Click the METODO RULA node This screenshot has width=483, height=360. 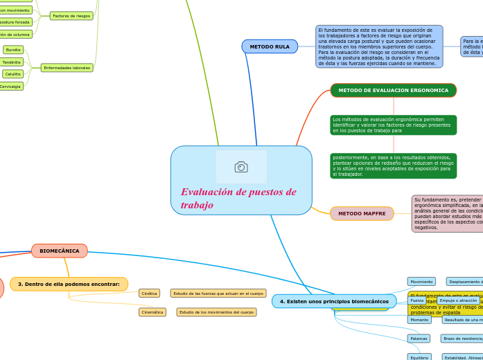click(x=270, y=46)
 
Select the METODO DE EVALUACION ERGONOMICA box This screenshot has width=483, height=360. click(x=393, y=91)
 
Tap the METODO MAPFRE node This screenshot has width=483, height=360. click(x=362, y=214)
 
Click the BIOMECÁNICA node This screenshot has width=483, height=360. click(x=60, y=251)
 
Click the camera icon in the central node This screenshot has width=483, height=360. click(x=241, y=167)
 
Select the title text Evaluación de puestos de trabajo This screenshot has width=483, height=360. click(x=238, y=198)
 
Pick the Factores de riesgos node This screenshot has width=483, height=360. click(x=71, y=15)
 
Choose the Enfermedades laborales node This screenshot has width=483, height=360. click(x=67, y=68)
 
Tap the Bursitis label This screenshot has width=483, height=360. click(x=13, y=50)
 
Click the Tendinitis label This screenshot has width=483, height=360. click(x=11, y=62)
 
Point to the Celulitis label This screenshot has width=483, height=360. click(x=13, y=74)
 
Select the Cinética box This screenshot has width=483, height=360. click(x=149, y=294)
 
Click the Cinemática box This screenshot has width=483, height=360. click(x=152, y=312)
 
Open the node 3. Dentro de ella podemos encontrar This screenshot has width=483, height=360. click(x=69, y=284)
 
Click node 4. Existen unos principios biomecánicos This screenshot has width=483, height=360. click(x=334, y=301)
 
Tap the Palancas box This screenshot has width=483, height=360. click(x=419, y=339)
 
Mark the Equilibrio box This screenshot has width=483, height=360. click(x=419, y=357)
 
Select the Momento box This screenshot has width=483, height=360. click(x=419, y=320)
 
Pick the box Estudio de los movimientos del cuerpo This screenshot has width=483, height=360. click(x=216, y=312)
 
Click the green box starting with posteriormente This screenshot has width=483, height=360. click(x=393, y=166)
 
